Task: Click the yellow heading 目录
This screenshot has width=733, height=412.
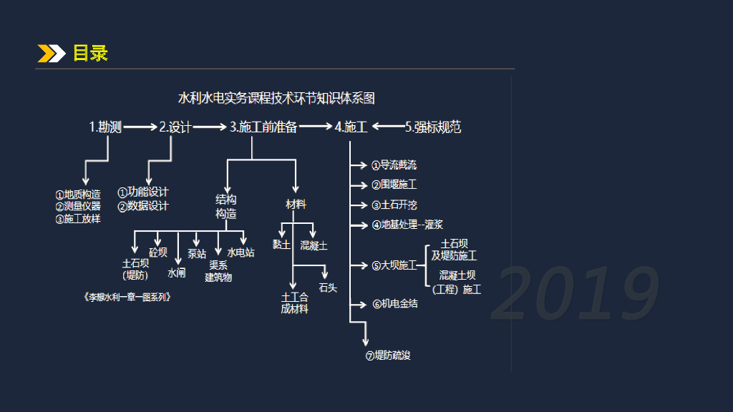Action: pyautogui.click(x=90, y=53)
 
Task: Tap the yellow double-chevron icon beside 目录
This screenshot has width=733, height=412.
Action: pyautogui.click(x=52, y=53)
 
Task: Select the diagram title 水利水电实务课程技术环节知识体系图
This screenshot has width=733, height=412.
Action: pyautogui.click(x=277, y=98)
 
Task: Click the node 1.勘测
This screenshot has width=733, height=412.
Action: pyautogui.click(x=105, y=127)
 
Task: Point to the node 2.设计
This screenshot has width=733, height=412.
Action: pyautogui.click(x=175, y=127)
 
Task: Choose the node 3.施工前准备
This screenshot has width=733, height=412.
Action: pyautogui.click(x=263, y=127)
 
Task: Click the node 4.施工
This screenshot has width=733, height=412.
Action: pyautogui.click(x=351, y=127)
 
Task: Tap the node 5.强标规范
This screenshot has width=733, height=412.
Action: pyautogui.click(x=433, y=127)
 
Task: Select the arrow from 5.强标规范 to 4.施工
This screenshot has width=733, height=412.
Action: pyautogui.click(x=387, y=127)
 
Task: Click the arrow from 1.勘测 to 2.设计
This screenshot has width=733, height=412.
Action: pyautogui.click(x=140, y=127)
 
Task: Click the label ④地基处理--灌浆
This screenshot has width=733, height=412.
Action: pyautogui.click(x=407, y=225)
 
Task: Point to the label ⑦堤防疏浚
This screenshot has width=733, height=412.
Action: pyautogui.click(x=388, y=355)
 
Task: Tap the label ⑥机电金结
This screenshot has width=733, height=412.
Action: pyautogui.click(x=395, y=304)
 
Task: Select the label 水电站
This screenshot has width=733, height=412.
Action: pyautogui.click(x=241, y=252)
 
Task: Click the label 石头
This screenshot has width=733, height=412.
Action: pyautogui.click(x=328, y=288)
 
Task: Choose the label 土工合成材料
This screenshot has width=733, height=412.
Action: pyautogui.click(x=294, y=303)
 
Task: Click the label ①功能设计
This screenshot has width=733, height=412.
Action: pyautogui.click(x=143, y=192)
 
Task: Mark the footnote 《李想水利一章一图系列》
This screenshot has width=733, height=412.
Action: pyautogui.click(x=128, y=296)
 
